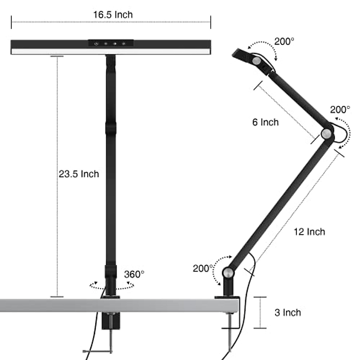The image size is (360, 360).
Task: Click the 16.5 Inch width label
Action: [x=113, y=15]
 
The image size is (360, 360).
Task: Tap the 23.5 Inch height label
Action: [x=79, y=174]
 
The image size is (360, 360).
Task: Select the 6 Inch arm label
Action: [x=265, y=122]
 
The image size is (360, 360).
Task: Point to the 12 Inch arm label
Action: [x=309, y=232]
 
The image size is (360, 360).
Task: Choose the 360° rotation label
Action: [x=134, y=274]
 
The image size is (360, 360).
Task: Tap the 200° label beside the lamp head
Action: [x=284, y=41]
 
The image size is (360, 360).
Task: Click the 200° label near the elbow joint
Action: [x=340, y=110]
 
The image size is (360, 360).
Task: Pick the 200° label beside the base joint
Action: [x=203, y=268]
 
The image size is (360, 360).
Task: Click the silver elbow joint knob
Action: [x=326, y=133]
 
